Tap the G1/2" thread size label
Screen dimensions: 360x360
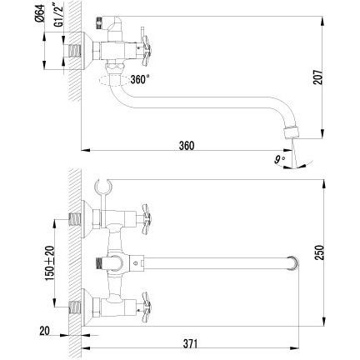(x=58, y=14)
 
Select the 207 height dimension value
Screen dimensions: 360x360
(x=318, y=77)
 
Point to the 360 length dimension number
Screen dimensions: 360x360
(x=187, y=146)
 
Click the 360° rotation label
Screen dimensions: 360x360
(x=140, y=79)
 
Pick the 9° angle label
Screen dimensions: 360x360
(x=279, y=160)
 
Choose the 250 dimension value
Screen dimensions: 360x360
(x=320, y=252)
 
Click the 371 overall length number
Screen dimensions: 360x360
(x=190, y=343)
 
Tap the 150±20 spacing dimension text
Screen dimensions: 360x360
(x=50, y=263)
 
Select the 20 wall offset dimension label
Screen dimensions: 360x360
(x=44, y=331)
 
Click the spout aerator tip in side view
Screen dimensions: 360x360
(x=291, y=132)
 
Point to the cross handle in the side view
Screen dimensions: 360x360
(x=145, y=52)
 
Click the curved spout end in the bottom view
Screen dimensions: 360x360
(x=293, y=263)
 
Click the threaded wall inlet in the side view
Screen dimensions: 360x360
(x=75, y=52)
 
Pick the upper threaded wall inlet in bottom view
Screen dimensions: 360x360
(x=75, y=219)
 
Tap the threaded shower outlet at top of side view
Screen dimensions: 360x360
(x=97, y=23)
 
